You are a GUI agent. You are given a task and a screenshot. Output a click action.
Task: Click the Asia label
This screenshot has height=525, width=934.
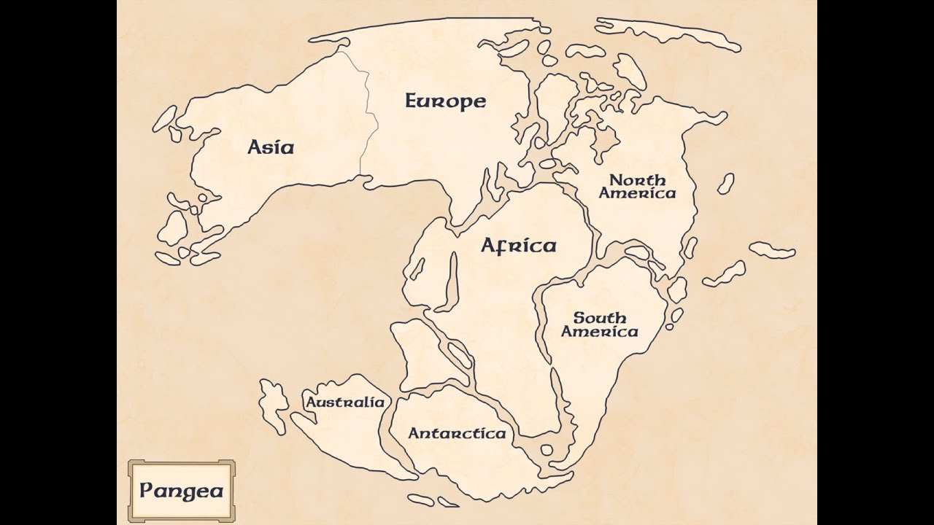pos(271,147)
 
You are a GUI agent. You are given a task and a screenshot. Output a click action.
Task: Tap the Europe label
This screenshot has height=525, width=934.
pos(445,101)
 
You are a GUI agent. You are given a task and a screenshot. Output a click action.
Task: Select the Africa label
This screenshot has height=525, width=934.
pos(518,245)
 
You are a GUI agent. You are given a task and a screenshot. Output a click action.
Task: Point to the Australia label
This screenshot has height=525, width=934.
pos(344,402)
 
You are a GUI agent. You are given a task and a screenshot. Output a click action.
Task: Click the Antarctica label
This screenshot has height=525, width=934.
pos(457,433)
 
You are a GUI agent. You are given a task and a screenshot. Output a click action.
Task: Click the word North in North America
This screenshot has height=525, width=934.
pos(637,179)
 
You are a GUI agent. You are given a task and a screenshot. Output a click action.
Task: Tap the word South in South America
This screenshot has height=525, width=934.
pos(599,318)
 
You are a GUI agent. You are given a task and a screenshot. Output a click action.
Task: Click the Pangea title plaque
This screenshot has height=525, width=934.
pos(181,489)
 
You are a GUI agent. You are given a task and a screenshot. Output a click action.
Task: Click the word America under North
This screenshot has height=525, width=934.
pos(637,193)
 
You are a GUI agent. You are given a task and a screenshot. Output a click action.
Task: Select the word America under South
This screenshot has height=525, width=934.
pos(599,332)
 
